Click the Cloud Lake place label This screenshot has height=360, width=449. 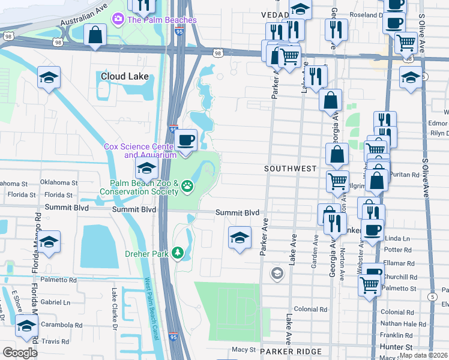click(124, 77)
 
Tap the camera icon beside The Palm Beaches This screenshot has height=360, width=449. click(118, 20)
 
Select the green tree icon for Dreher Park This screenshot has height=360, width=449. click(177, 253)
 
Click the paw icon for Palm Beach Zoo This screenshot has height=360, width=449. click(187, 186)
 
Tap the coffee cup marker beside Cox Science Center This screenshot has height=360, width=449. click(185, 140)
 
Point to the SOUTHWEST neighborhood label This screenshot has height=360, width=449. click(290, 169)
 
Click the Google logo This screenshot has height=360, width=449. click(20, 352)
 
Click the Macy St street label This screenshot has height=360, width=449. click(244, 349)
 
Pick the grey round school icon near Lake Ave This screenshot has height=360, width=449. click(277, 274)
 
